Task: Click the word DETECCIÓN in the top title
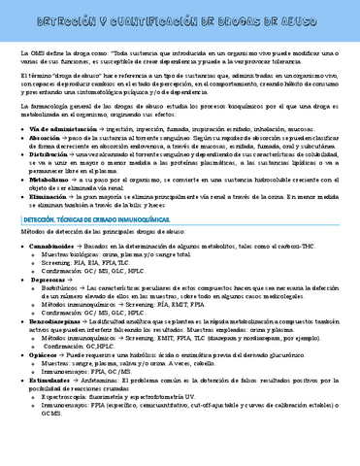(x=58, y=17)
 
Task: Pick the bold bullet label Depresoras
(x=50, y=279)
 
